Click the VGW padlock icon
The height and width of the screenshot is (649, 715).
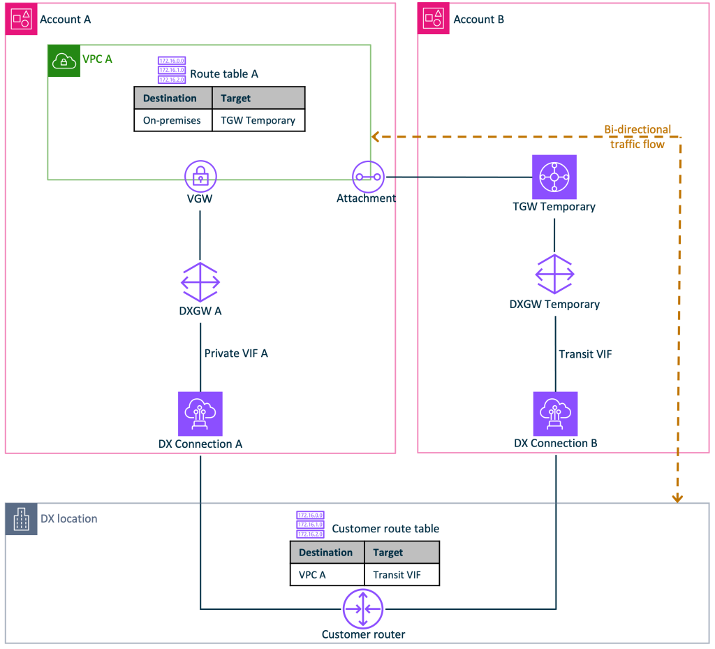point(200,177)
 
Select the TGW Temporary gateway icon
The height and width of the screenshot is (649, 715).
point(554,177)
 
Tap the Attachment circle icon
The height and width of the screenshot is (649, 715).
point(368,177)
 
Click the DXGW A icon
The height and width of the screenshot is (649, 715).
point(200,282)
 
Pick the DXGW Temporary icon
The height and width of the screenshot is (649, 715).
point(555,274)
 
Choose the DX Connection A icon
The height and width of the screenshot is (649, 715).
point(200,414)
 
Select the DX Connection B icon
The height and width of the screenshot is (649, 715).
point(555,414)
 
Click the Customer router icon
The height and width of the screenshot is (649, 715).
point(363,608)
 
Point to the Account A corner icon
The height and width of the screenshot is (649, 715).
point(21,19)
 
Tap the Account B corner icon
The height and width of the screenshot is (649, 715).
point(434,19)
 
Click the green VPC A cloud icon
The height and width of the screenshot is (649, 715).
point(64,61)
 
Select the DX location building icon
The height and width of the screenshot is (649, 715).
point(21,519)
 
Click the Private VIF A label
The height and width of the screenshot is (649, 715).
point(235,353)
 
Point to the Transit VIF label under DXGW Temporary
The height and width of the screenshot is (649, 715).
point(585,354)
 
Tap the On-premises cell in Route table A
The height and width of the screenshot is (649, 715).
point(172,120)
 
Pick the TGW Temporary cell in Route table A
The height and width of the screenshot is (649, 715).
point(258,120)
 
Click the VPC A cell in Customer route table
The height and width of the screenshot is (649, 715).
point(312,575)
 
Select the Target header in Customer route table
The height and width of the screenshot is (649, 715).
point(388,553)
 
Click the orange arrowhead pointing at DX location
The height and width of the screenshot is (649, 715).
point(677,498)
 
